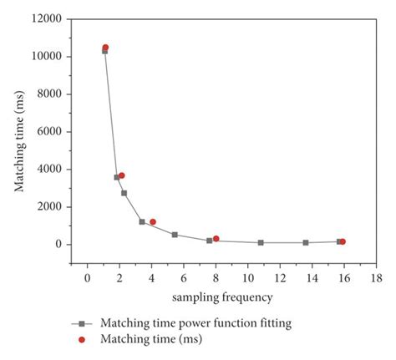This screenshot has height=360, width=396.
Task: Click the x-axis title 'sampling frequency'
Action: [x=223, y=297]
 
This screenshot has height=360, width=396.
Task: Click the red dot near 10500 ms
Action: [x=105, y=48]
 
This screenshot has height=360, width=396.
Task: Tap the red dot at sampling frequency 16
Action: [x=343, y=241]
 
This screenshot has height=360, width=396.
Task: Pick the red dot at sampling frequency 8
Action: [x=216, y=239]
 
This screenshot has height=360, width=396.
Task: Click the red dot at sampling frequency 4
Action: [x=153, y=221]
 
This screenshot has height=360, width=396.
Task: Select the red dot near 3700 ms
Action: [x=122, y=175]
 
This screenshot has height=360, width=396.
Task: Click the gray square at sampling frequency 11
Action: [x=261, y=242]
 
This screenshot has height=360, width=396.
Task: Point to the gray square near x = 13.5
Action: [x=306, y=242]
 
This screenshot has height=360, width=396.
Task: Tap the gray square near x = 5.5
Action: [x=175, y=235]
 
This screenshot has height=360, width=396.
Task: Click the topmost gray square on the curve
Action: [x=104, y=51]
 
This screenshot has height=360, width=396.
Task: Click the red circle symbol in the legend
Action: [x=82, y=339]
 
